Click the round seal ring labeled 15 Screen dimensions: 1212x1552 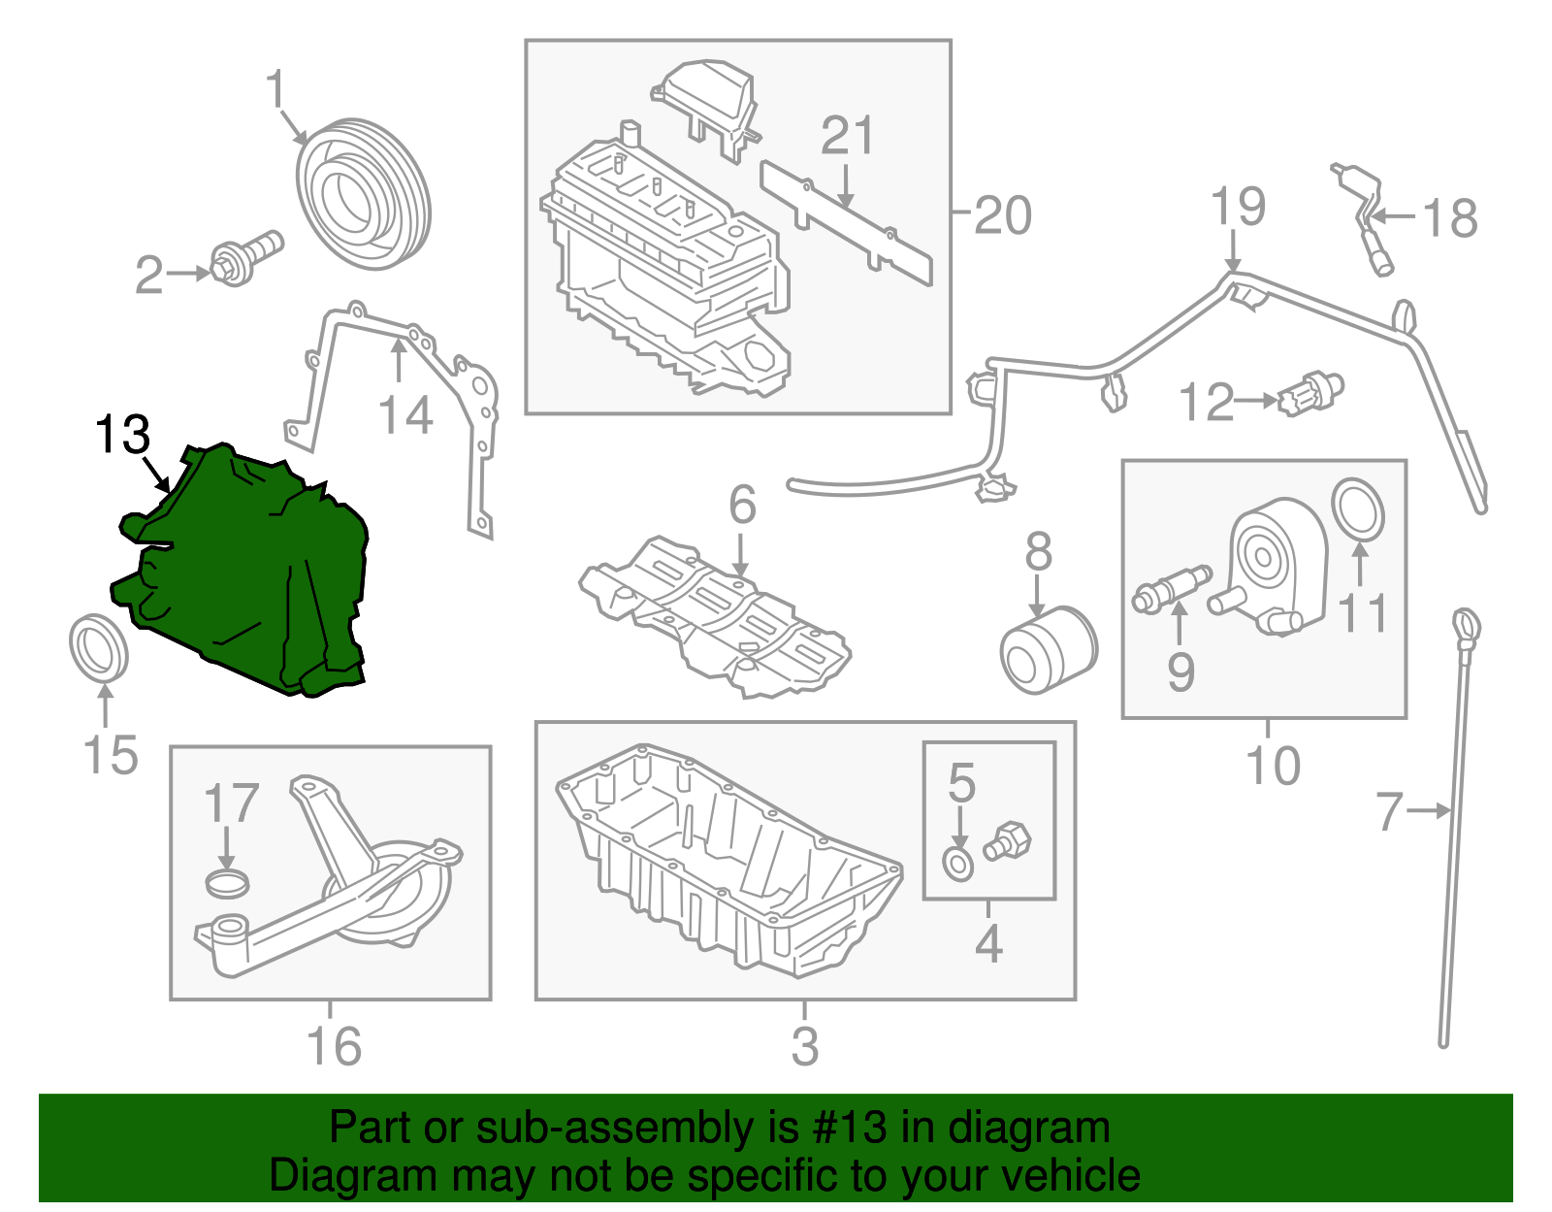coord(99,646)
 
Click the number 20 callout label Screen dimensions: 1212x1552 coord(1002,214)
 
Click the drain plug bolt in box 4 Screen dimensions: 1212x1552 coord(1009,840)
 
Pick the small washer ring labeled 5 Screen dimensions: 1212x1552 coord(958,864)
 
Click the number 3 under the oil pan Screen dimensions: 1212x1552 coord(804,1046)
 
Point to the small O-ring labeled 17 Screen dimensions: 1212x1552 coord(228,884)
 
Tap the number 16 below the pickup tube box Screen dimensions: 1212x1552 coord(333,1046)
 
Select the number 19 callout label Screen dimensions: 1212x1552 coord(1238,207)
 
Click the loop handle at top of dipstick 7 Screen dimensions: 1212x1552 coord(1465,622)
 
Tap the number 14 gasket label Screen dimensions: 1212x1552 coord(404,415)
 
